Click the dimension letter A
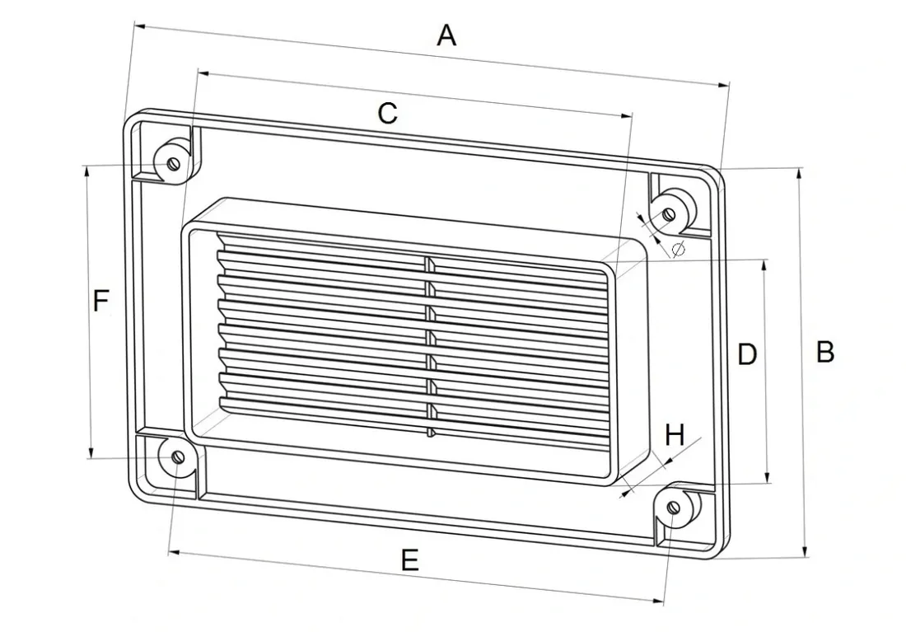(x=446, y=36)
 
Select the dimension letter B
(x=825, y=352)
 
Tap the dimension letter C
(x=387, y=114)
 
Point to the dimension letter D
(x=747, y=353)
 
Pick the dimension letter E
(x=409, y=560)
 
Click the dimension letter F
(x=100, y=302)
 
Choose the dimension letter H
(x=675, y=434)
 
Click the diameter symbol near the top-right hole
(x=679, y=249)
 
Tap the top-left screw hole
(x=173, y=164)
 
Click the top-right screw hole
(x=669, y=214)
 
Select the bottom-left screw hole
(x=178, y=457)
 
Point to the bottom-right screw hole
(x=673, y=507)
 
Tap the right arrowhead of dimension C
(x=626, y=115)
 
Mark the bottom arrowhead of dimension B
(x=805, y=552)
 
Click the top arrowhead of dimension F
(x=87, y=172)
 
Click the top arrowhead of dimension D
(x=764, y=267)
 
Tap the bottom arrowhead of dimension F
(x=91, y=452)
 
